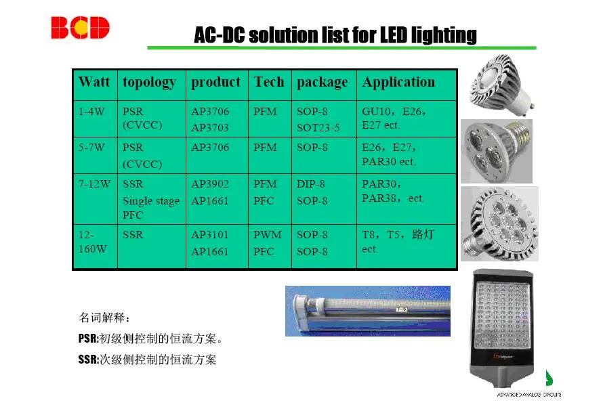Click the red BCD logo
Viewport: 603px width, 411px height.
click(81, 28)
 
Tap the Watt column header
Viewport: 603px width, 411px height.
click(94, 82)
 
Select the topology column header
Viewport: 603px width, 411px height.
click(150, 83)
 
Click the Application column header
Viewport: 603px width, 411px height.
click(398, 83)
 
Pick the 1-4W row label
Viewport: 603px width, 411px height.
click(91, 112)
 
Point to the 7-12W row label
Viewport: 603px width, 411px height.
click(95, 183)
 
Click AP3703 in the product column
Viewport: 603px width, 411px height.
click(210, 128)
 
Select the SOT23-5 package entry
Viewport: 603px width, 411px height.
click(318, 128)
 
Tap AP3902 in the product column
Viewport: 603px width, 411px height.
click(210, 183)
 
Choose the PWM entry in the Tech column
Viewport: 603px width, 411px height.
click(267, 234)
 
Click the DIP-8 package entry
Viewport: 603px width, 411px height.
click(311, 183)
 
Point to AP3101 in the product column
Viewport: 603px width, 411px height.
click(210, 234)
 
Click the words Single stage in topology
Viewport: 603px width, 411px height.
click(151, 201)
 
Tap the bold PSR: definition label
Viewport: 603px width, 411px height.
click(89, 339)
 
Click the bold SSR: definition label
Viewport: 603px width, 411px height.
click(89, 360)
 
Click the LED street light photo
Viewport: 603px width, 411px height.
click(502, 328)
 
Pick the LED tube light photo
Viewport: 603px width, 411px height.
click(368, 311)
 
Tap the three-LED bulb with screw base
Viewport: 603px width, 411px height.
click(497, 151)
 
